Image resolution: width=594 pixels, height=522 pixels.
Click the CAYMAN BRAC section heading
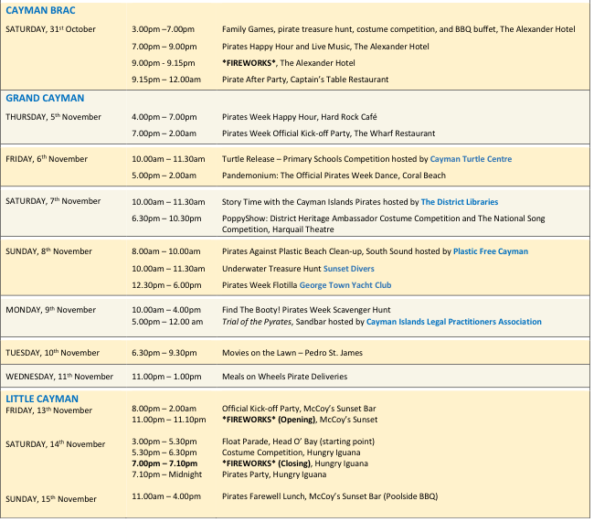(40, 11)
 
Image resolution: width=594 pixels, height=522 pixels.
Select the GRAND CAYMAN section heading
(45, 98)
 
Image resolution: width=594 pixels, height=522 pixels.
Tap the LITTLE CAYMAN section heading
(42, 398)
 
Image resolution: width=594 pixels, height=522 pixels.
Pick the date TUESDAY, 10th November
(52, 352)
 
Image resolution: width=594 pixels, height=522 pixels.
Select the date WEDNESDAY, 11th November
(59, 377)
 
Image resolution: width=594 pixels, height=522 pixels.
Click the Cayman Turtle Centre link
(471, 159)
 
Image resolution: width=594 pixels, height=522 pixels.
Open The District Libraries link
(460, 201)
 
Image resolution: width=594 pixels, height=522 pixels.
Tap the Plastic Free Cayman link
(491, 251)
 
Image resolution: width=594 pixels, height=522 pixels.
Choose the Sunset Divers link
(348, 269)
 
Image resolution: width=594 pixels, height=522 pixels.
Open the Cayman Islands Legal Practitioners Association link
(453, 322)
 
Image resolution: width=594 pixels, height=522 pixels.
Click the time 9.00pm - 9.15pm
(164, 63)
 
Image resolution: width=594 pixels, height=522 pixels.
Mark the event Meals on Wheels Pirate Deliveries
(284, 377)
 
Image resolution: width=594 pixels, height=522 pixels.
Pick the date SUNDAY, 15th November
(51, 499)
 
